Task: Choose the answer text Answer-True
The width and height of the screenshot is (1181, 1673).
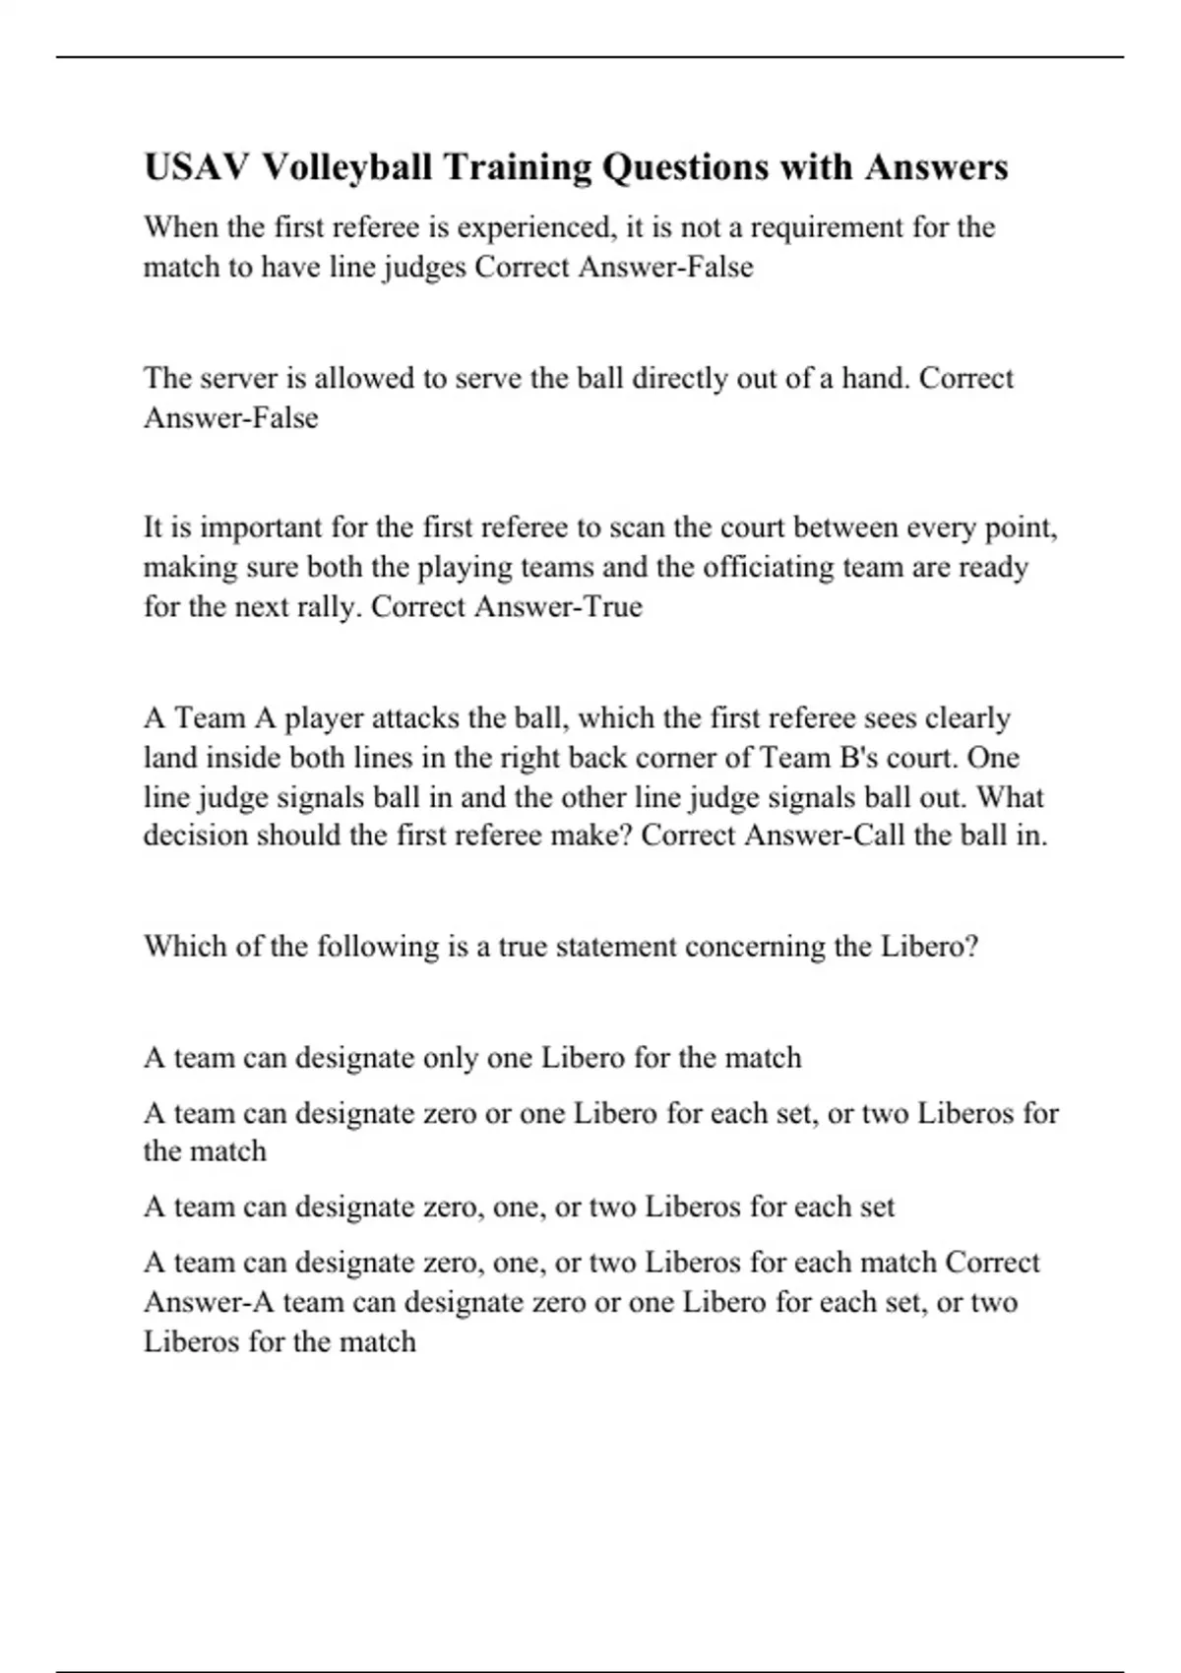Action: click(558, 606)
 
